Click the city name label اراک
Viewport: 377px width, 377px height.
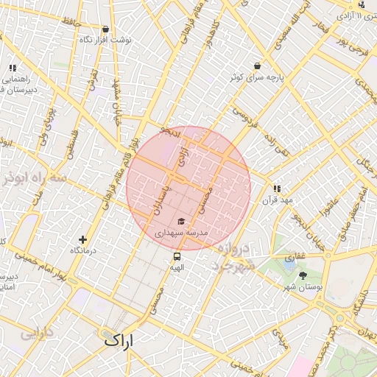coord(120,340)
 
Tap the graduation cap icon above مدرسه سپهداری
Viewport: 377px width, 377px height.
coord(181,221)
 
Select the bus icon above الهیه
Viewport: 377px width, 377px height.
coord(177,257)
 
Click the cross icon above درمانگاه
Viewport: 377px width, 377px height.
coord(82,239)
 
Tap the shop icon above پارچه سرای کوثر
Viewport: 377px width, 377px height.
coord(256,66)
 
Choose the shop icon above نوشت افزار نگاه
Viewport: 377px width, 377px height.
coord(105,29)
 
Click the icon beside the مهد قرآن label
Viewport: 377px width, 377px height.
coord(277,188)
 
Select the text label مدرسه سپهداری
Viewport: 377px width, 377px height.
coord(181,233)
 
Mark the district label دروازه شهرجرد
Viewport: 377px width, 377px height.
coord(236,257)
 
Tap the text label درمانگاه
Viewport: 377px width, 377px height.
coord(85,251)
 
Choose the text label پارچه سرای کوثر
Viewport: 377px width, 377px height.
coord(255,77)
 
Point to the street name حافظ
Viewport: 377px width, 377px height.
coord(71,24)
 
